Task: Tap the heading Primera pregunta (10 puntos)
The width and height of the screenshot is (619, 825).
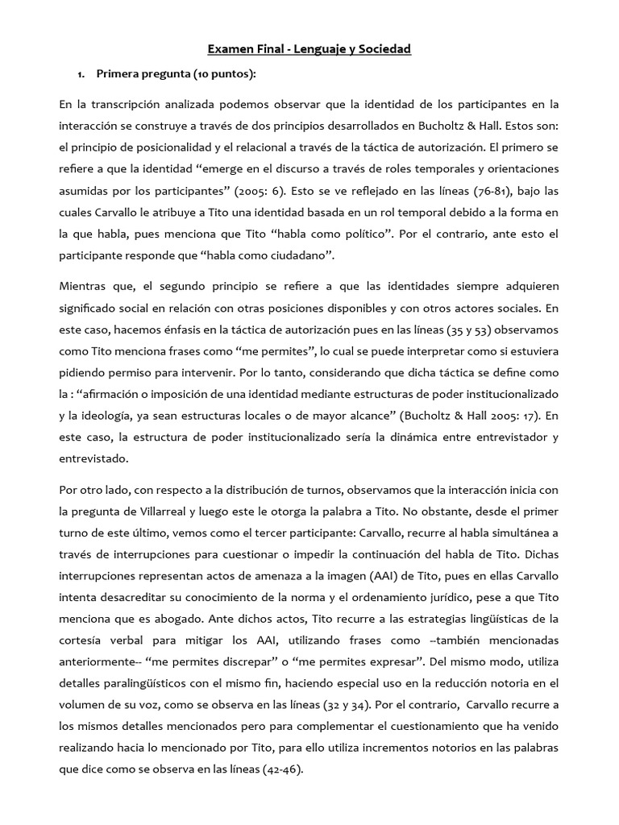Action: pos(176,75)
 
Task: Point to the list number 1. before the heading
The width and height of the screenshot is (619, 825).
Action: pos(81,75)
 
